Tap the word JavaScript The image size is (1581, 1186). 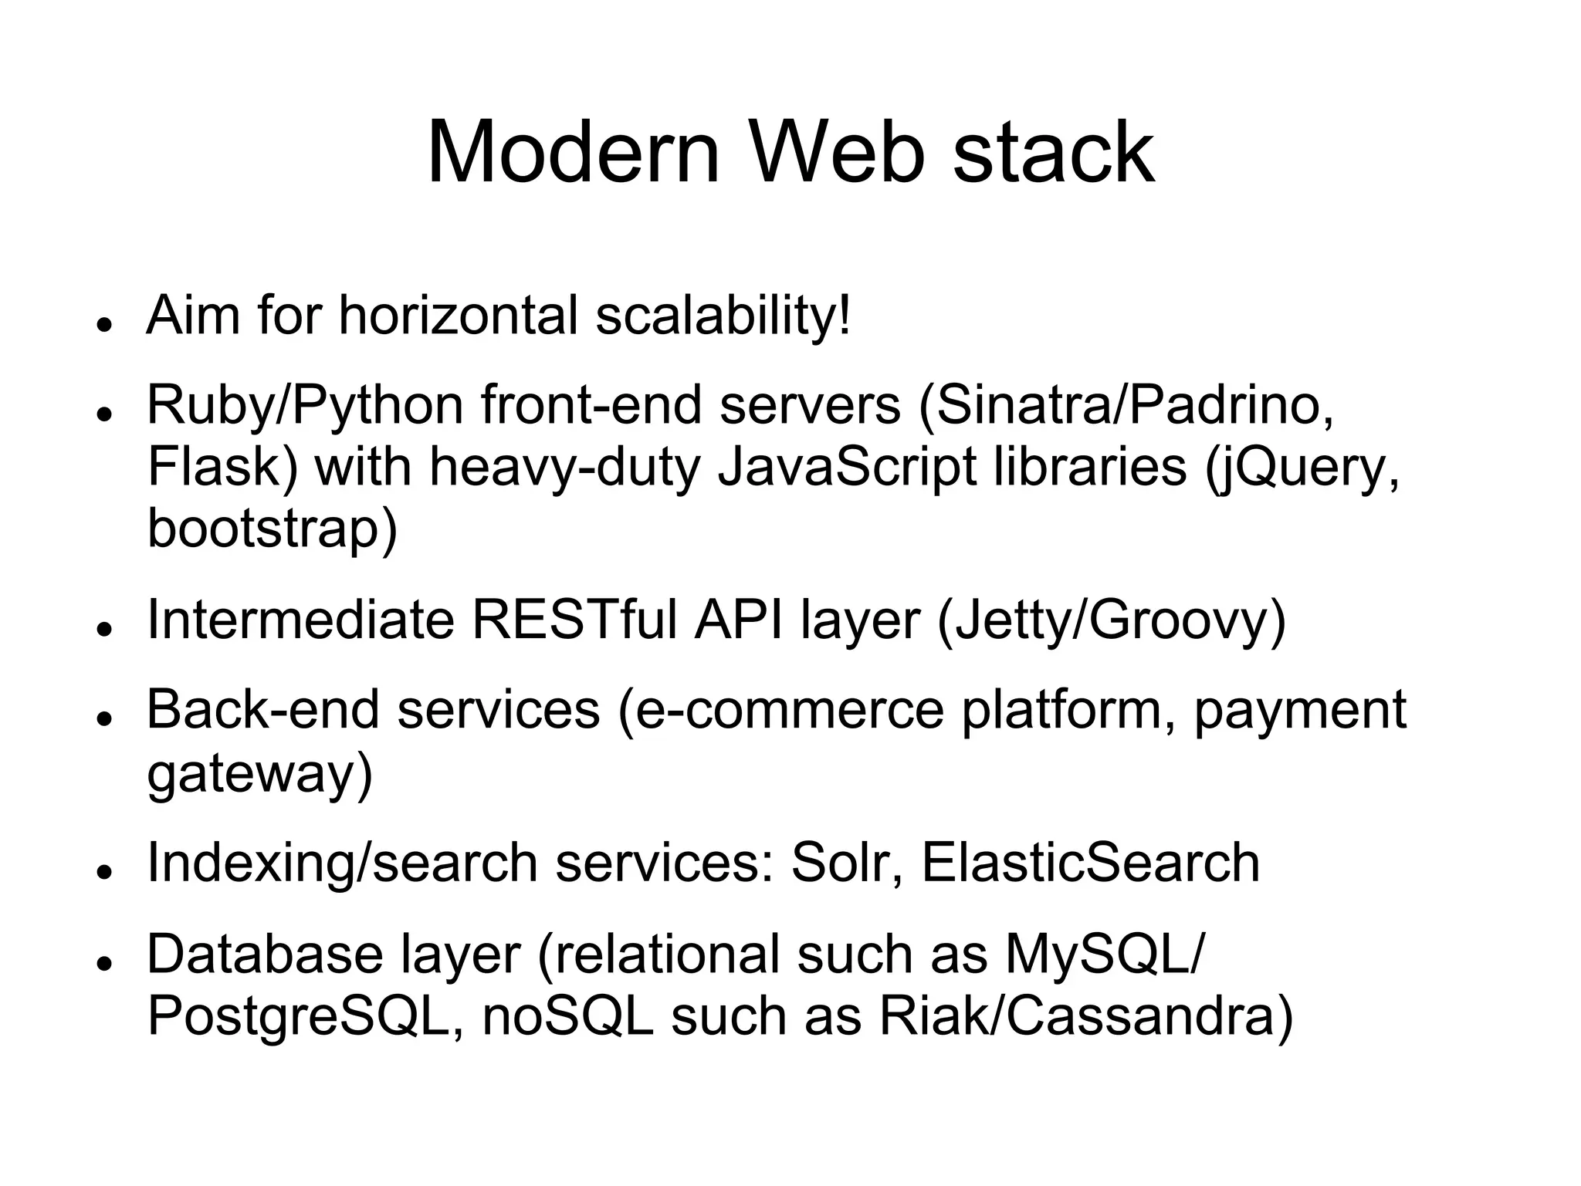pyautogui.click(x=847, y=468)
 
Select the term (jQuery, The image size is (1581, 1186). pyautogui.click(x=1302, y=468)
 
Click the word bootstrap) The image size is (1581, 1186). pyautogui.click(x=272, y=529)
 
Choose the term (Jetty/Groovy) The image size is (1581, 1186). pyautogui.click(x=1112, y=621)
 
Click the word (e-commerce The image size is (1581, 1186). pyautogui.click(x=780, y=710)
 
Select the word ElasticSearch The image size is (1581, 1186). pyautogui.click(x=1090, y=863)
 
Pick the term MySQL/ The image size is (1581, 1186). pyautogui.click(x=1104, y=955)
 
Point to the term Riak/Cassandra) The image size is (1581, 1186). pyautogui.click(x=1086, y=1016)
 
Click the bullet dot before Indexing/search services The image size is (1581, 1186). pyautogui.click(x=101, y=870)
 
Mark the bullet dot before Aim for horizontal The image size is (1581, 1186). pyautogui.click(x=101, y=324)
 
